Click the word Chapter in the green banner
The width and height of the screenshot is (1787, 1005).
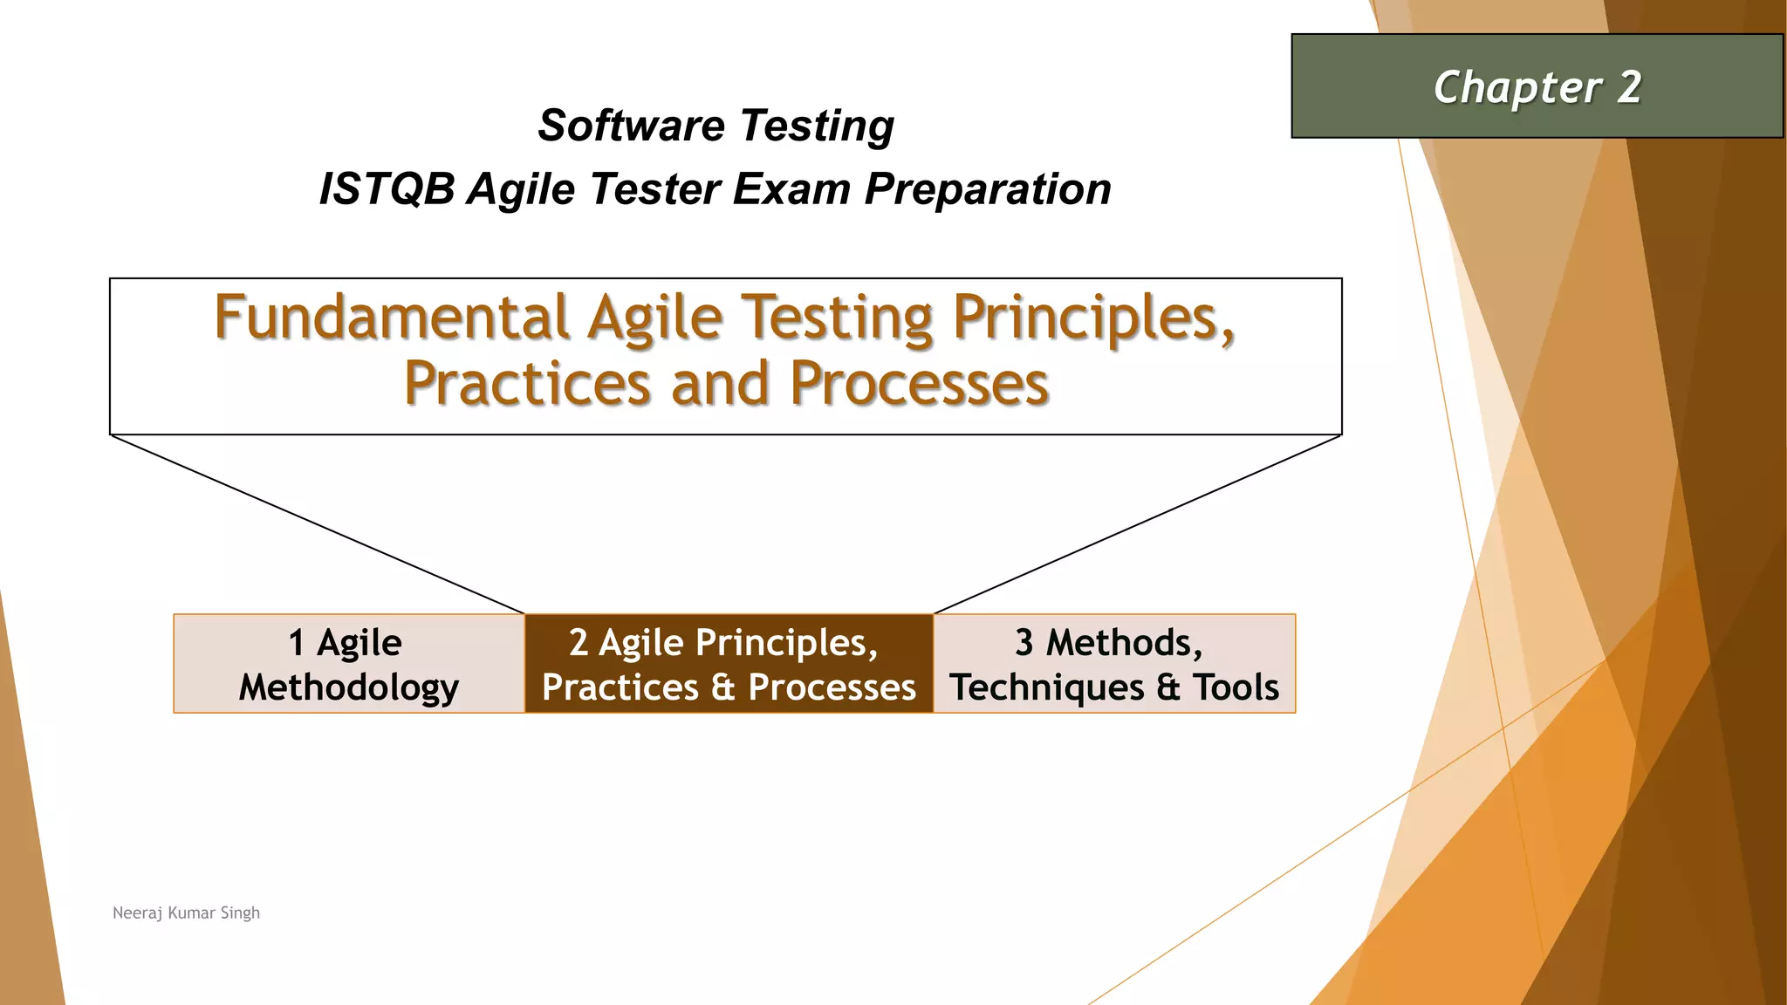tap(1517, 88)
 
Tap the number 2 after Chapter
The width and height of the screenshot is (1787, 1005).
tap(1628, 87)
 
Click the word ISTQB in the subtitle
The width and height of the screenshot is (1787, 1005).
tap(387, 189)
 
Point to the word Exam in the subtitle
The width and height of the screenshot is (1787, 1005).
tap(791, 189)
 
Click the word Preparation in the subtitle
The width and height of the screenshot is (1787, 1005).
tap(988, 189)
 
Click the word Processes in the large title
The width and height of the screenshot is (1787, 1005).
tap(919, 384)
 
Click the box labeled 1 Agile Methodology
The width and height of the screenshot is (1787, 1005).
tap(349, 664)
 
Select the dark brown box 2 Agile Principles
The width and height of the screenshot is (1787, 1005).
tap(729, 664)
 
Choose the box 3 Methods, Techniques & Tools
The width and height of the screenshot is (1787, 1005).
tap(1114, 664)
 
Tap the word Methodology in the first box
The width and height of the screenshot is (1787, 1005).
tap(349, 687)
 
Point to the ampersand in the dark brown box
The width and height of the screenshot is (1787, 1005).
tap(722, 687)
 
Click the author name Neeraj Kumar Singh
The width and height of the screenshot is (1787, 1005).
tap(186, 913)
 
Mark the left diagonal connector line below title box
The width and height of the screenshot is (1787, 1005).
tap(318, 524)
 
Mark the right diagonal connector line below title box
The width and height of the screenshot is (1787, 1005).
tap(1137, 524)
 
